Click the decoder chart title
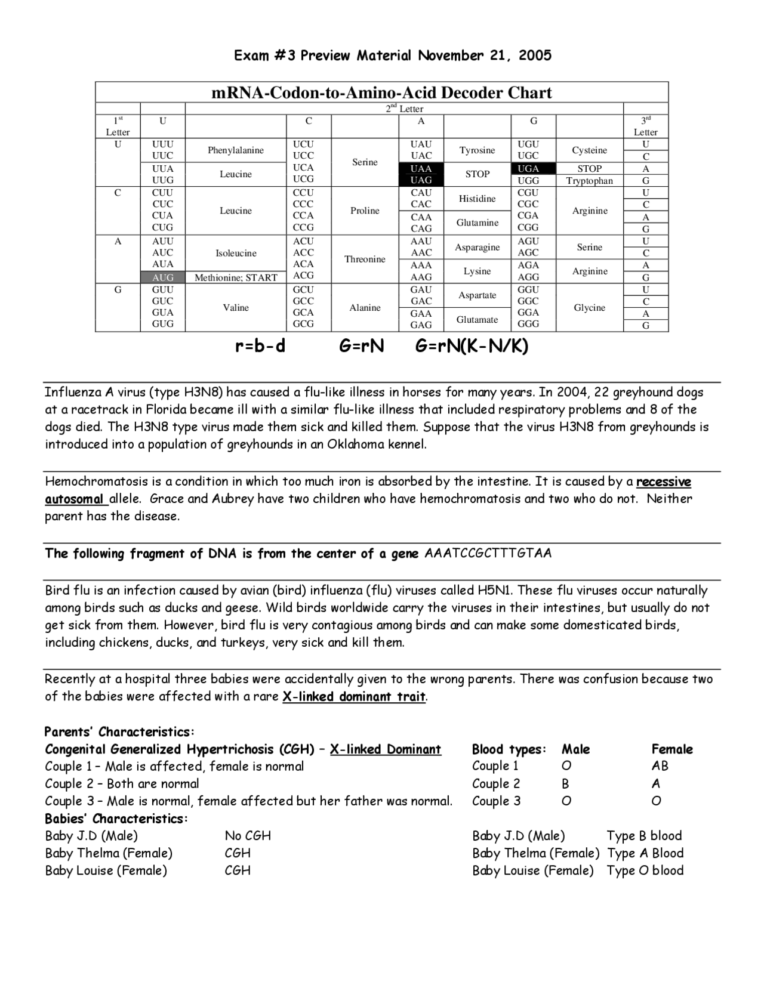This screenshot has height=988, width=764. click(x=381, y=92)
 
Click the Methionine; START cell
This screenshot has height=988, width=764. click(x=236, y=277)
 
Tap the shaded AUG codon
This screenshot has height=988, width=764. click(x=162, y=277)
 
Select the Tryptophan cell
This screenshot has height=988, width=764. click(x=589, y=181)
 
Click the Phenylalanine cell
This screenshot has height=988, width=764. click(x=236, y=150)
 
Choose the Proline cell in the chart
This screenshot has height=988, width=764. click(x=365, y=211)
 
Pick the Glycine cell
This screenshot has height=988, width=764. click(x=589, y=308)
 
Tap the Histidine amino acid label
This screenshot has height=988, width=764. click(x=477, y=199)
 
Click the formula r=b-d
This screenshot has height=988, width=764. click(x=260, y=347)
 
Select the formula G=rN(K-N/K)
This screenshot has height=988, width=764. click(x=472, y=347)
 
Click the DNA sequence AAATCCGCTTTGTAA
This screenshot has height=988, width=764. click(x=488, y=554)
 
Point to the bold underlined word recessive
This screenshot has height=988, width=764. click(x=663, y=482)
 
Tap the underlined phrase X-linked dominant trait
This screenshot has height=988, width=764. click(x=354, y=697)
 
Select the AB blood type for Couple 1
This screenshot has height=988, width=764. click(x=660, y=766)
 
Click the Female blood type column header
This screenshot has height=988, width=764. click(x=671, y=749)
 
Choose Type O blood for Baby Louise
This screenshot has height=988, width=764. click(x=645, y=870)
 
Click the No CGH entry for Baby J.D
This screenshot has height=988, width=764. click(x=248, y=836)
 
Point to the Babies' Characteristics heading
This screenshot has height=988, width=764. click(x=116, y=819)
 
